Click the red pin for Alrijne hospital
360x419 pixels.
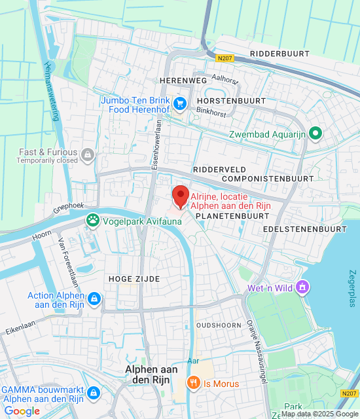click(x=180, y=196)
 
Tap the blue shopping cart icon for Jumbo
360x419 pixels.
click(x=180, y=103)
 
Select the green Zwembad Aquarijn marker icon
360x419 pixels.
click(x=315, y=134)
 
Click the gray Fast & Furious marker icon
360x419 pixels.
click(x=87, y=155)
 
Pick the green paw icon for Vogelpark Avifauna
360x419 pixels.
click(x=93, y=221)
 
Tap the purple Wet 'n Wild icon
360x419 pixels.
click(x=302, y=287)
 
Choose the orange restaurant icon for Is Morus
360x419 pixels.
click(x=193, y=384)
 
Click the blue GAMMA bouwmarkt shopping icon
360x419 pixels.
click(x=94, y=392)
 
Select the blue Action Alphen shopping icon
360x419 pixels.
click(x=95, y=299)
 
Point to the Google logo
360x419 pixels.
click(x=22, y=411)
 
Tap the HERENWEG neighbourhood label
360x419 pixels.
click(x=183, y=80)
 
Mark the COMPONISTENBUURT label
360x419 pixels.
click(x=267, y=178)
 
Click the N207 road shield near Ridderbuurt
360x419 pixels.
click(x=225, y=58)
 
